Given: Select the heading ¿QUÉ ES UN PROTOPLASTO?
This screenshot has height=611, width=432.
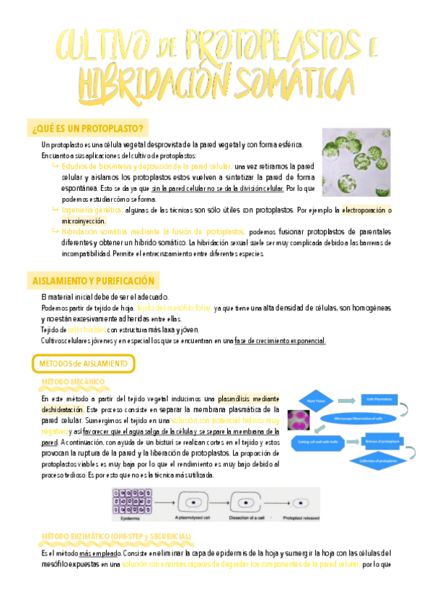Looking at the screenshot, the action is point(87,128).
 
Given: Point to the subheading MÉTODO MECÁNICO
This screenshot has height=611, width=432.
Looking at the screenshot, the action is point(75,381).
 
